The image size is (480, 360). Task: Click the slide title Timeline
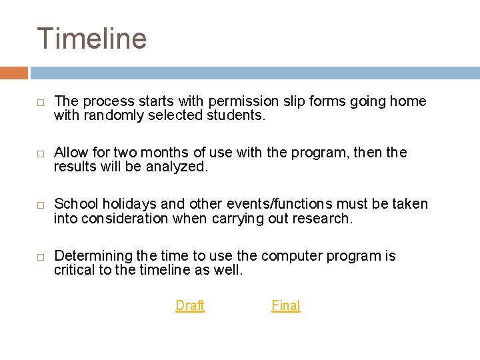point(91,38)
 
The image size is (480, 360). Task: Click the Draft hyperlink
point(190,305)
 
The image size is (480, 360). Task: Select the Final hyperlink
point(286,305)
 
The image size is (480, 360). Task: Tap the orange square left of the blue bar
point(14,73)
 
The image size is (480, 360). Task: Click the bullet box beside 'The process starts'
point(40,102)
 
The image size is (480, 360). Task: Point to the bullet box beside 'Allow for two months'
point(40,153)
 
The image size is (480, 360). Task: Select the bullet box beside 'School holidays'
point(40,205)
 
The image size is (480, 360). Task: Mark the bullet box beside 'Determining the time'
point(40,257)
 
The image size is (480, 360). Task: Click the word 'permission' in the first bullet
point(240,101)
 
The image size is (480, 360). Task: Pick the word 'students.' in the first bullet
point(237,115)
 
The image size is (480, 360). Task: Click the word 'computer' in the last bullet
point(289,256)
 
